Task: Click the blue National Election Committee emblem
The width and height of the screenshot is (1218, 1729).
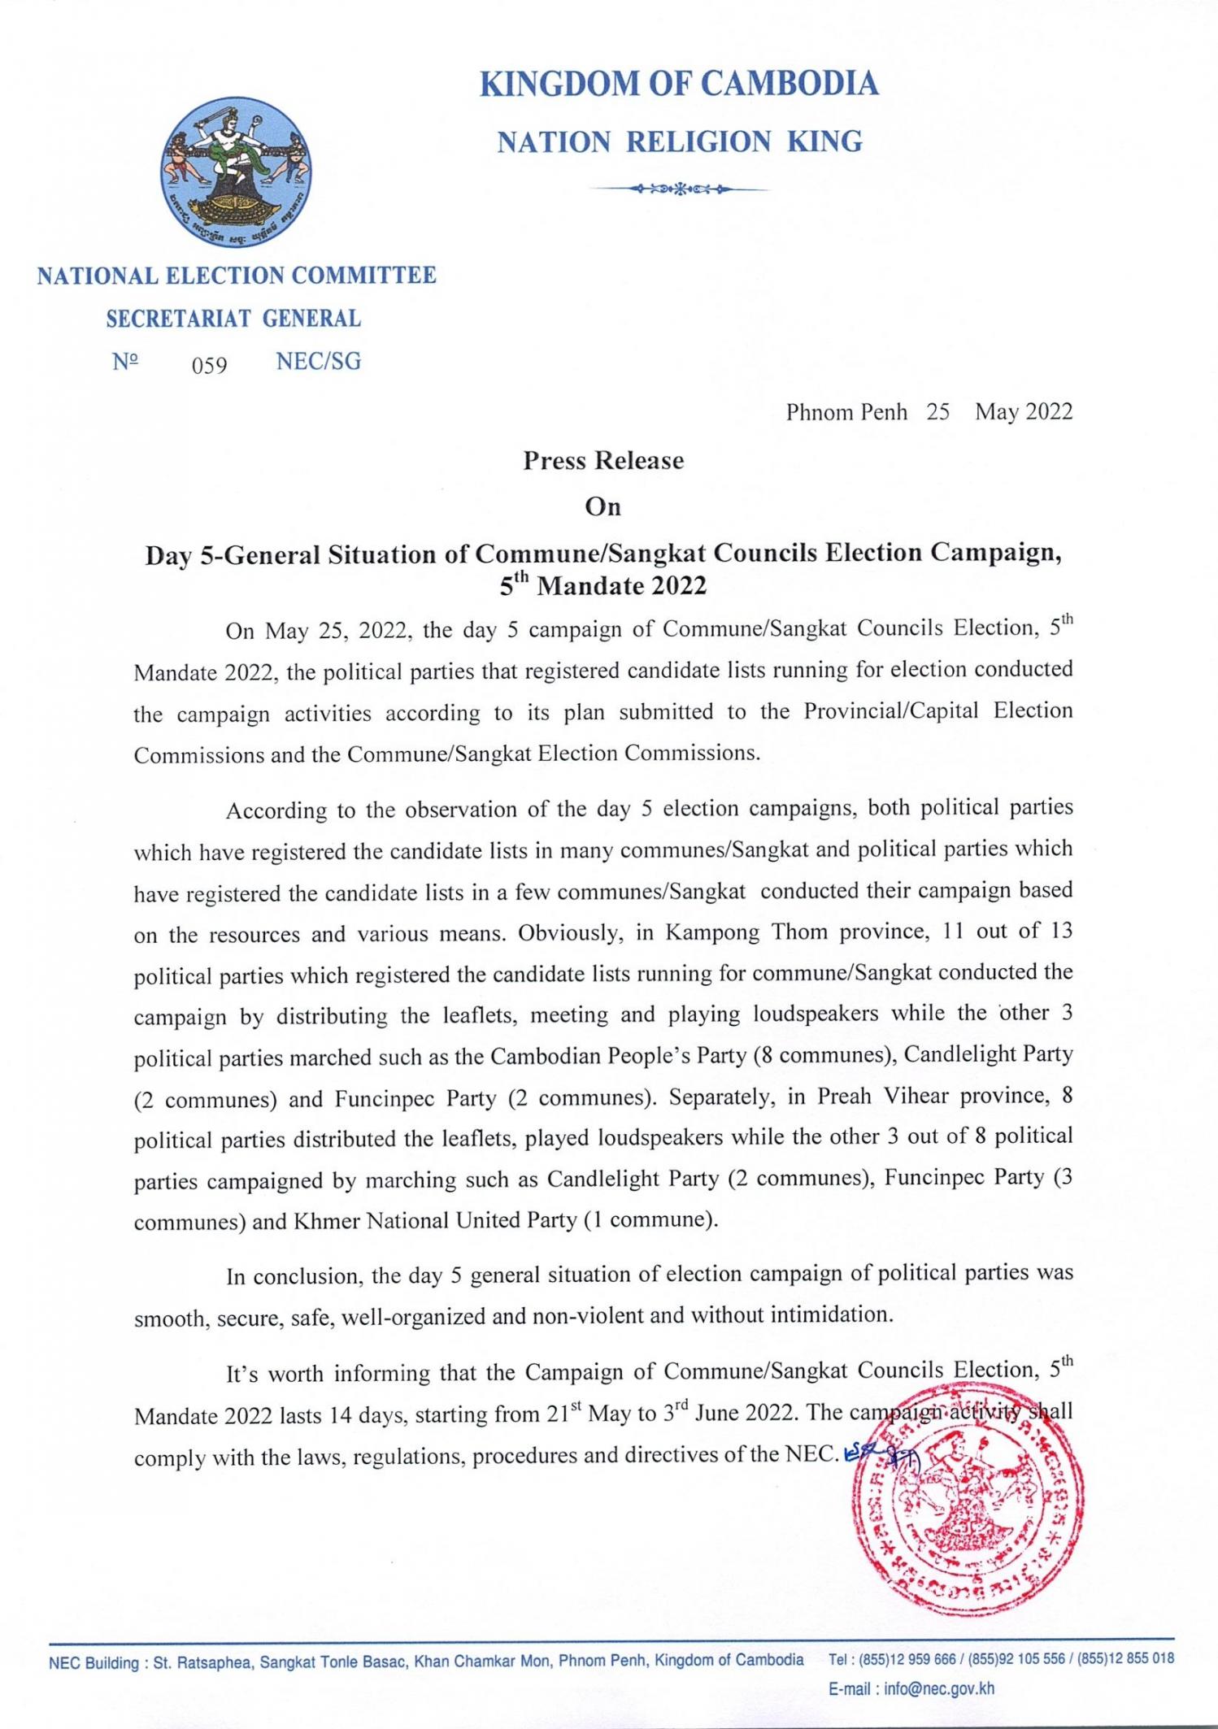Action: point(236,172)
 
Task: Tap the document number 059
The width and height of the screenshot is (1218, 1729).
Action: point(209,366)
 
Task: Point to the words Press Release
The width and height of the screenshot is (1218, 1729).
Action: point(603,461)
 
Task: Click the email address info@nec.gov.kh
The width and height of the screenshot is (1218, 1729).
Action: point(939,1688)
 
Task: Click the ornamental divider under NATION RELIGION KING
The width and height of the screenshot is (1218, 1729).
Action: point(679,189)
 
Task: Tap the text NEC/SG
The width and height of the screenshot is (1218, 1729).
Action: point(318,362)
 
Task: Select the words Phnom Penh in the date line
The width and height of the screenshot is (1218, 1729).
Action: point(846,413)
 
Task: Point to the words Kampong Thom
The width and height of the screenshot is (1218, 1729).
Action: point(748,932)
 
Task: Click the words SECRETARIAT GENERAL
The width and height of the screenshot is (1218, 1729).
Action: point(233,319)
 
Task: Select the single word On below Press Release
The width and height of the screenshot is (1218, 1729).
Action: point(603,507)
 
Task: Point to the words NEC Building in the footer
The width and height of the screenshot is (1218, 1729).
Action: point(94,1662)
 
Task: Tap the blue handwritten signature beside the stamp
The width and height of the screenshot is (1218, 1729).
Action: point(880,1459)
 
